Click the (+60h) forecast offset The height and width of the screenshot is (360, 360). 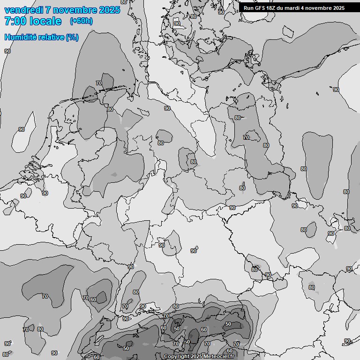81,21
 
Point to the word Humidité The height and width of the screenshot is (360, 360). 19,37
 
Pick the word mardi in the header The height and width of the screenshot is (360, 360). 295,8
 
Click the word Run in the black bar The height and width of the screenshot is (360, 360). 248,8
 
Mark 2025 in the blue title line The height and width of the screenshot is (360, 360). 110,10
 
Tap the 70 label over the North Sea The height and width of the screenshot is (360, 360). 98,83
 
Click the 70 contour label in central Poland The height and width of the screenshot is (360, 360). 246,137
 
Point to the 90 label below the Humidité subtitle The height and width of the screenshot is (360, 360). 7,51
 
